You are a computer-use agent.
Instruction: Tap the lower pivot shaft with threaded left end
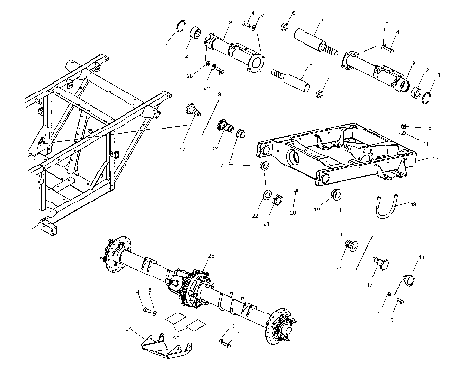click(294, 79)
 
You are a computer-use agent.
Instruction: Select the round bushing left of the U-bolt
click(338, 200)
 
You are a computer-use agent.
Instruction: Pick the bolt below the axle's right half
click(226, 340)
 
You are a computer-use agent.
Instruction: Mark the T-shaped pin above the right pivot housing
click(386, 41)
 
